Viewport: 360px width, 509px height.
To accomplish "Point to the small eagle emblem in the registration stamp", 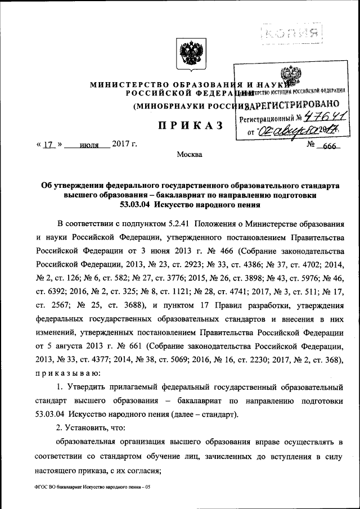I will click(291, 76).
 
